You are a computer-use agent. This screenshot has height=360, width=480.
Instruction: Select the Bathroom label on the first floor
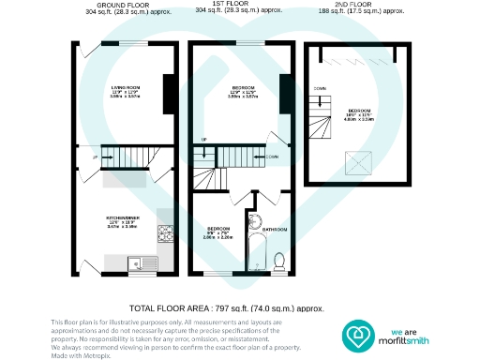(x=275, y=230)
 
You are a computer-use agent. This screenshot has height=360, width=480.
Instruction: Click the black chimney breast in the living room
(x=168, y=91)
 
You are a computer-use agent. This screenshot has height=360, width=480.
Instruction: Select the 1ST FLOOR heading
(x=241, y=5)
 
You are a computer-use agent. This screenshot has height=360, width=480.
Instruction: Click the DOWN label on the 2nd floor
(x=321, y=88)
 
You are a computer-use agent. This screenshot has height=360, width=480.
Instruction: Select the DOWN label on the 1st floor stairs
(x=272, y=157)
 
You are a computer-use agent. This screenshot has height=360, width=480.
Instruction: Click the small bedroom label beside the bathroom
(x=217, y=230)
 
